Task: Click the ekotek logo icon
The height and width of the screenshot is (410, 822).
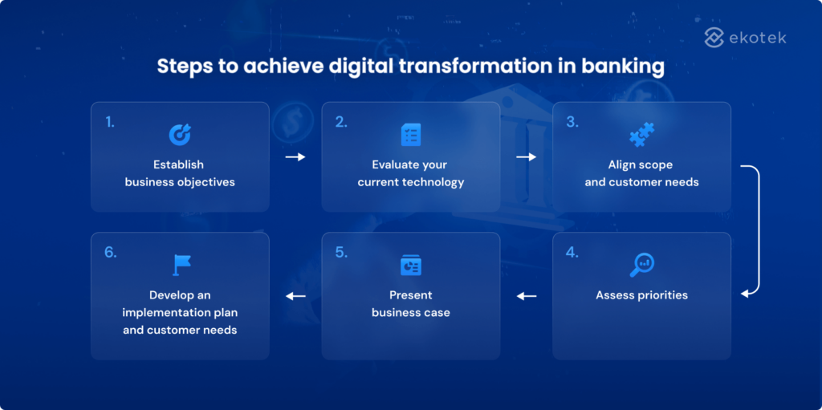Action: tap(714, 37)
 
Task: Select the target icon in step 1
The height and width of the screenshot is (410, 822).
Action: tap(180, 134)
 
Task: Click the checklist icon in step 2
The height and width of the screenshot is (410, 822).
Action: tap(411, 134)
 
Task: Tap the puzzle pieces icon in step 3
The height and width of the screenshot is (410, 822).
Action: tap(641, 134)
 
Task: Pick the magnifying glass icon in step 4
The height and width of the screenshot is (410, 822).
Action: tap(641, 264)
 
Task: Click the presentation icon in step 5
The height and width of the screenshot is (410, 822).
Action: tap(411, 265)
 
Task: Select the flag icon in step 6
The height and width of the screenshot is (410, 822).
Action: tap(180, 265)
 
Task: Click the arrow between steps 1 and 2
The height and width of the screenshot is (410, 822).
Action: tap(295, 157)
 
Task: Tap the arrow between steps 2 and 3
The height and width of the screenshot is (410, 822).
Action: tap(526, 157)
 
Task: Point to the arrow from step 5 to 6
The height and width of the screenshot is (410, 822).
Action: tap(295, 296)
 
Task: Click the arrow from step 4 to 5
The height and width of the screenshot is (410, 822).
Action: tap(526, 296)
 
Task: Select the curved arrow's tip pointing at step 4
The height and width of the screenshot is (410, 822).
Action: tap(744, 294)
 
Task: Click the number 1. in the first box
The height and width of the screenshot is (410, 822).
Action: tap(110, 122)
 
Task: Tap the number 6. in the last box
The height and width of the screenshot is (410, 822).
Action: tap(110, 252)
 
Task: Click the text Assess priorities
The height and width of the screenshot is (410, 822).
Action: tap(641, 295)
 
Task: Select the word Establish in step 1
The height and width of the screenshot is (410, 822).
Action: tap(178, 164)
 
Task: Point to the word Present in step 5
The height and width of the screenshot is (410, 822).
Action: tap(411, 295)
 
